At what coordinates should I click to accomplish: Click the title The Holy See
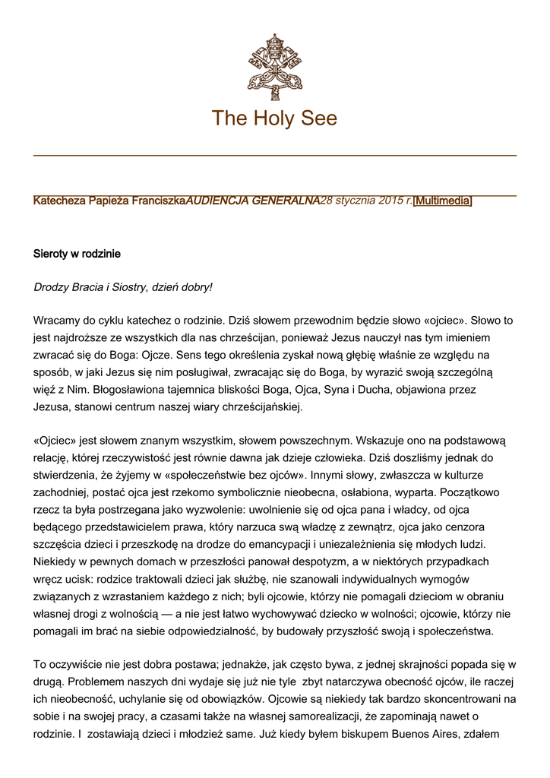coord(274,119)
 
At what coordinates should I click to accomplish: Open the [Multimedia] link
coord(443,201)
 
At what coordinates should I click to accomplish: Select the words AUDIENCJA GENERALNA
coord(253,201)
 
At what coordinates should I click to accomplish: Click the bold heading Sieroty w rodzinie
coord(77,253)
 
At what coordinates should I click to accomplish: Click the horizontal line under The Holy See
coord(274,155)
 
